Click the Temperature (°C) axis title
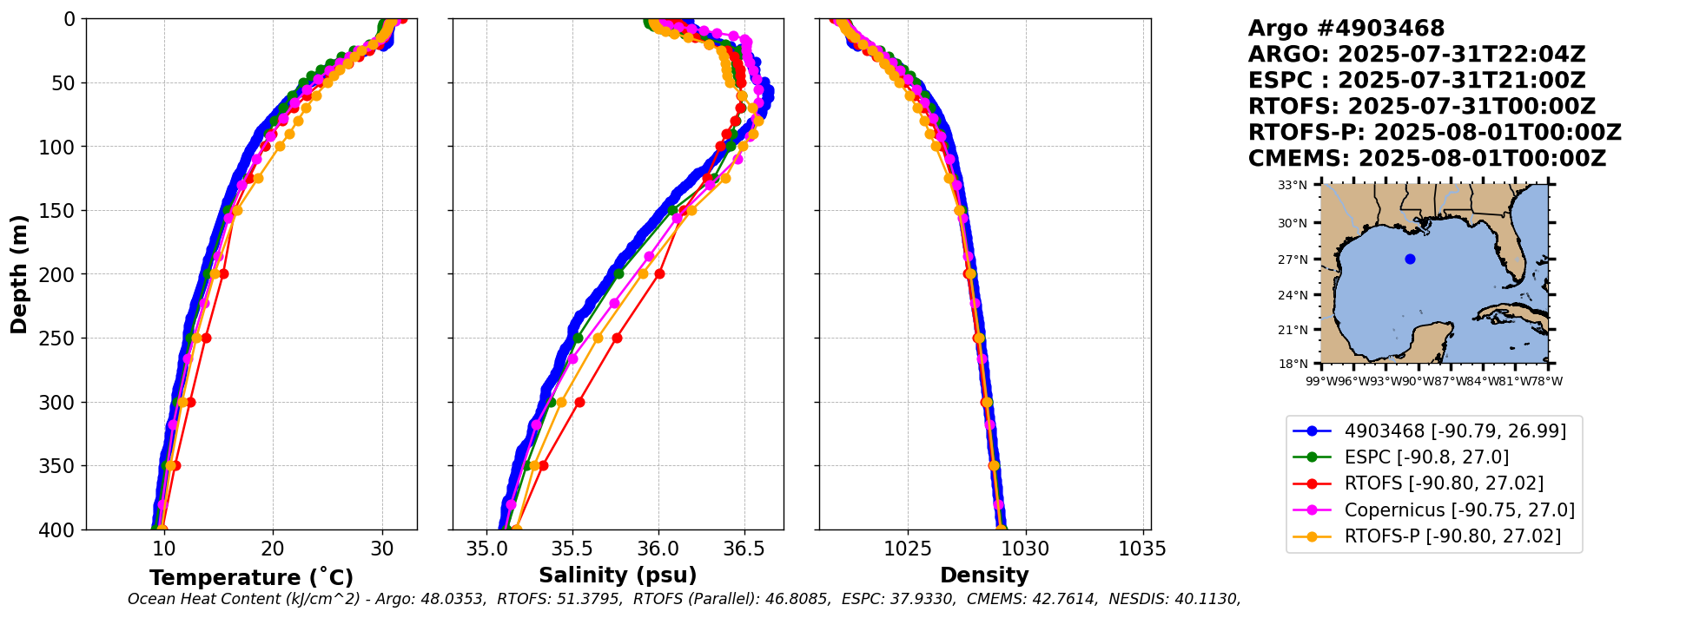click(251, 577)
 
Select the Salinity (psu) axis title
click(618, 575)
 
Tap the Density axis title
click(984, 575)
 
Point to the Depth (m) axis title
click(19, 274)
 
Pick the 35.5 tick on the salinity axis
click(572, 549)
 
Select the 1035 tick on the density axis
click(1141, 549)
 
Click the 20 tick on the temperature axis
click(273, 549)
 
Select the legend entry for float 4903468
click(1455, 431)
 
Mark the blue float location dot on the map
click(1410, 259)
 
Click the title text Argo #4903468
click(1346, 29)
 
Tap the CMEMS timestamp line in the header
click(1426, 159)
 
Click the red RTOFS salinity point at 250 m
click(617, 338)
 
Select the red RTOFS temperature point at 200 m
click(223, 273)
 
